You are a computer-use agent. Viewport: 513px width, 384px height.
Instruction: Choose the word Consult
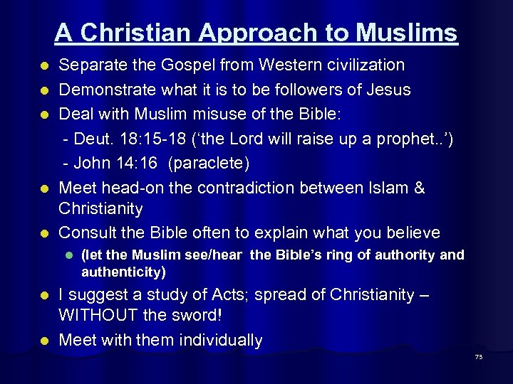click(x=88, y=233)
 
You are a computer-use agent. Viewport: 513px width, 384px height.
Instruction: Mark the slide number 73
click(x=478, y=356)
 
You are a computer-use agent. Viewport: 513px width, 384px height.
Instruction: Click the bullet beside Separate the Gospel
click(x=44, y=66)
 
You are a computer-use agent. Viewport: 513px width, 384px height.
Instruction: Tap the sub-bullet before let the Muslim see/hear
click(x=69, y=255)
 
